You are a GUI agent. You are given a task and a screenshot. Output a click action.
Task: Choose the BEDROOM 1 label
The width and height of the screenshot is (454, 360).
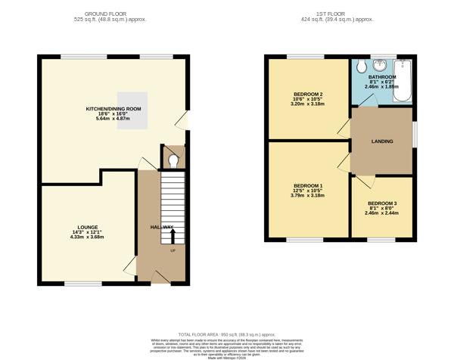307,186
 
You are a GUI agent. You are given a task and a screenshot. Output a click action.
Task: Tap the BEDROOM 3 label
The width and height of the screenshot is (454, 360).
381,203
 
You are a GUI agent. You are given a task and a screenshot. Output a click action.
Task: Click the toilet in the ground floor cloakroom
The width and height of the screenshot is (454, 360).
173,160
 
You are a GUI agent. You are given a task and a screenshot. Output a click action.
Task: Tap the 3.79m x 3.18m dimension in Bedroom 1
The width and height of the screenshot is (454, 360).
307,198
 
